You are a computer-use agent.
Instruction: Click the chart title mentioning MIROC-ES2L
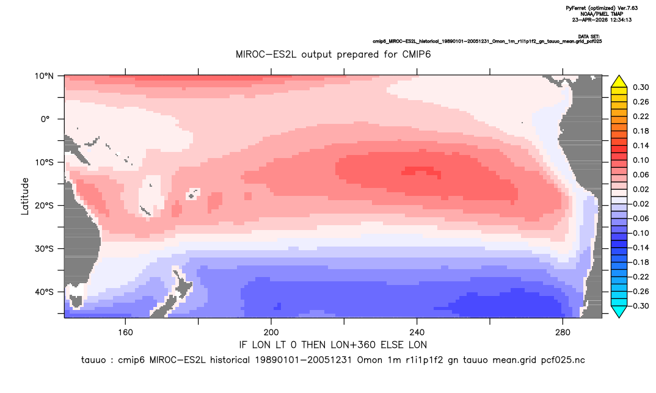[x=333, y=54]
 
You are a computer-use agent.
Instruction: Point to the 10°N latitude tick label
[x=44, y=76]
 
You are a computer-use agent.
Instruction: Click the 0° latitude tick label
[x=45, y=119]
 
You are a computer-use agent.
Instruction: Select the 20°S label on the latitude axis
[x=44, y=206]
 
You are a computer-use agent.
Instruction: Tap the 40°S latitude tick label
[x=44, y=292]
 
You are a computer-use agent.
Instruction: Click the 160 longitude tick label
[x=125, y=333]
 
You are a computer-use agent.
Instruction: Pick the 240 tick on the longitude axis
[x=417, y=333]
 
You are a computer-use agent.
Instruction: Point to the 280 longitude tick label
[x=563, y=333]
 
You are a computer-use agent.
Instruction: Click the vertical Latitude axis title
[x=24, y=196]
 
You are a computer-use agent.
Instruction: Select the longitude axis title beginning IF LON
[x=333, y=345]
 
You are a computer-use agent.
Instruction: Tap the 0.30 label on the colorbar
[x=641, y=87]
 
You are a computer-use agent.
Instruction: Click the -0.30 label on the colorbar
[x=639, y=306]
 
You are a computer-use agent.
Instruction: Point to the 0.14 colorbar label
[x=641, y=145]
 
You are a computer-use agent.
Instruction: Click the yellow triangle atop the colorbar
[x=619, y=82]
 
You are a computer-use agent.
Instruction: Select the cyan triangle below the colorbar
[x=619, y=311]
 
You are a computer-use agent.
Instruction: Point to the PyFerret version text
[x=602, y=8]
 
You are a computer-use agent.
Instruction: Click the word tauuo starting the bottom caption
[x=93, y=360]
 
